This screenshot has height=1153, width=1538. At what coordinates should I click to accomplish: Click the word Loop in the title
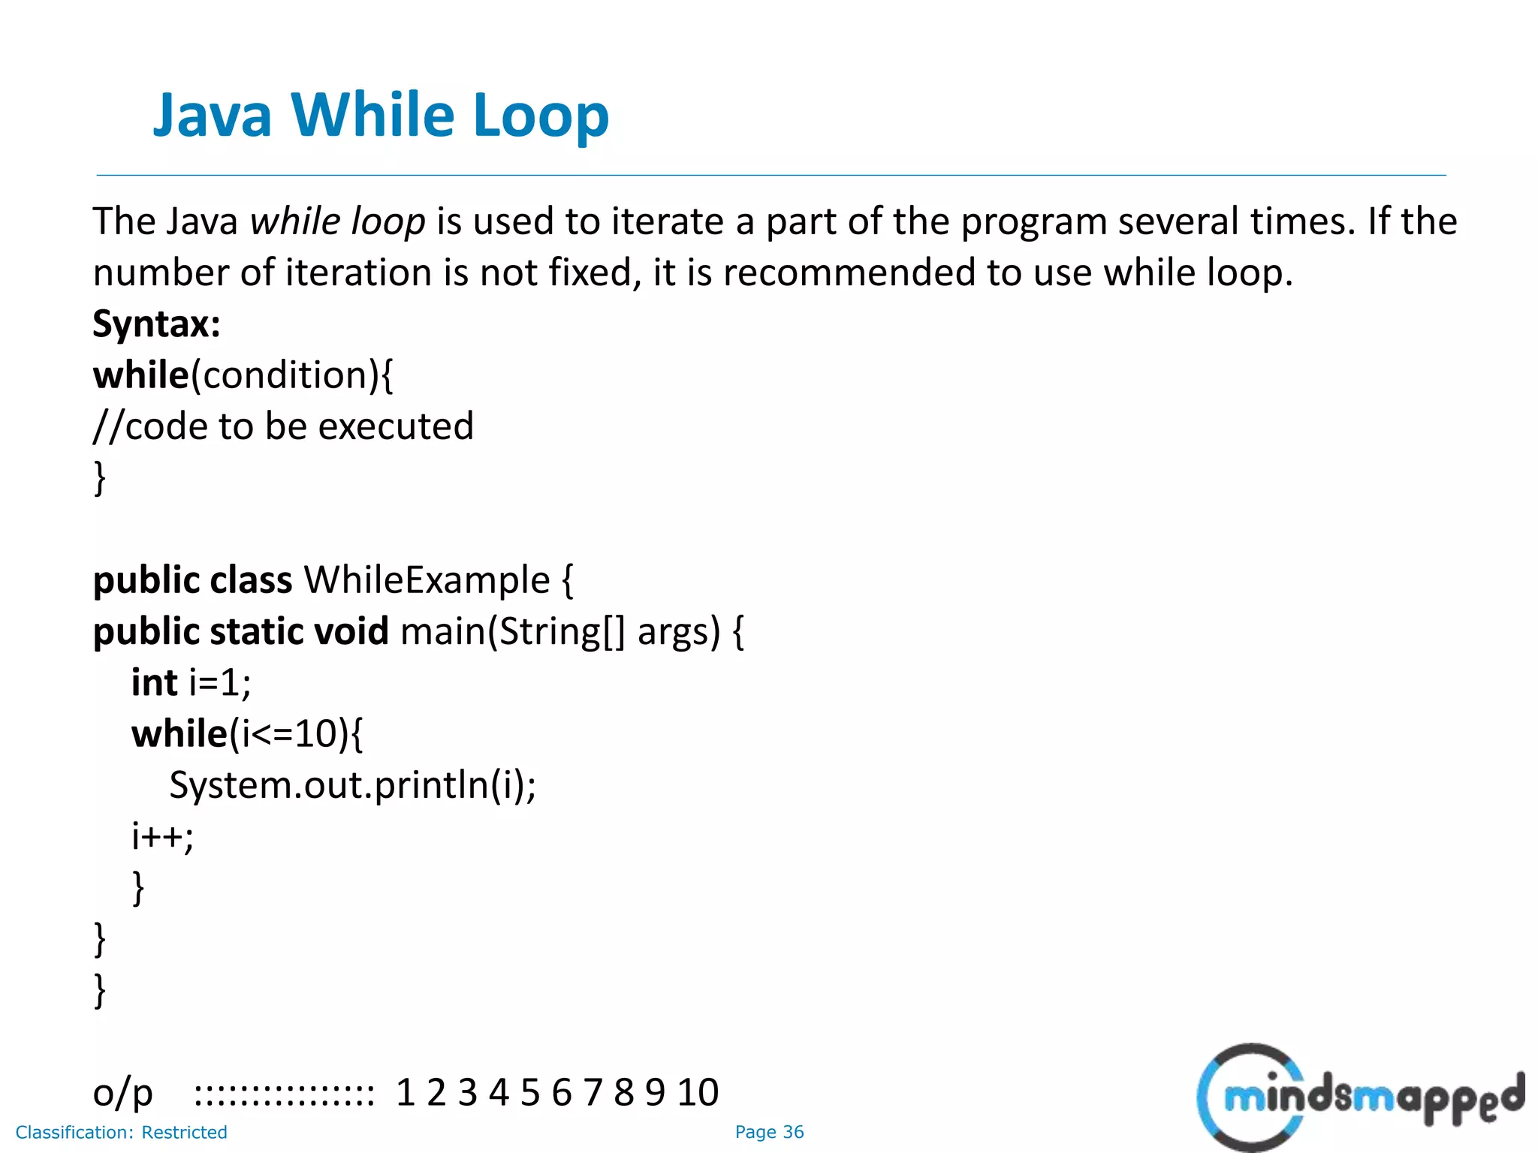point(541,116)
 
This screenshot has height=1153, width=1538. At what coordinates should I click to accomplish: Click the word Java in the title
point(213,116)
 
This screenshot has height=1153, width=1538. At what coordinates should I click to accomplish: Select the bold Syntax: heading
point(156,324)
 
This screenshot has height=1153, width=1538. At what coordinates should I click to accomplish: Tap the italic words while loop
point(337,221)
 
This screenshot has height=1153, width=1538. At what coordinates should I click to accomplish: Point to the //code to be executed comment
point(283,426)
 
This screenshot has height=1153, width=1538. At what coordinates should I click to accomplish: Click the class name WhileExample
point(427,580)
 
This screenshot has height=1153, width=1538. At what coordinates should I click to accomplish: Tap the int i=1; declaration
point(191,682)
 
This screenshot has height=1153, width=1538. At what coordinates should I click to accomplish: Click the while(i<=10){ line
point(246,733)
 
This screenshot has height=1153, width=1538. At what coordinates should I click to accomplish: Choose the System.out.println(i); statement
point(352,785)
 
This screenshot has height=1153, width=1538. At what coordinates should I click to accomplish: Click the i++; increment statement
point(162,836)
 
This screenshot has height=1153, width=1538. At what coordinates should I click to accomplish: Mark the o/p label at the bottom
point(122,1092)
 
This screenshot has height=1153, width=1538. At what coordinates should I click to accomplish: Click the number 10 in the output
point(698,1092)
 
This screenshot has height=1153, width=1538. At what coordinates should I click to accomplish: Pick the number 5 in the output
point(530,1092)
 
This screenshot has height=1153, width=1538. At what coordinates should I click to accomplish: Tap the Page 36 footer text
point(769,1132)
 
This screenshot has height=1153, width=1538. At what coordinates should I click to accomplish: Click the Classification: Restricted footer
point(121,1132)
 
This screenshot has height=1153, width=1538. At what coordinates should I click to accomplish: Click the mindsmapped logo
point(1359,1097)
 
